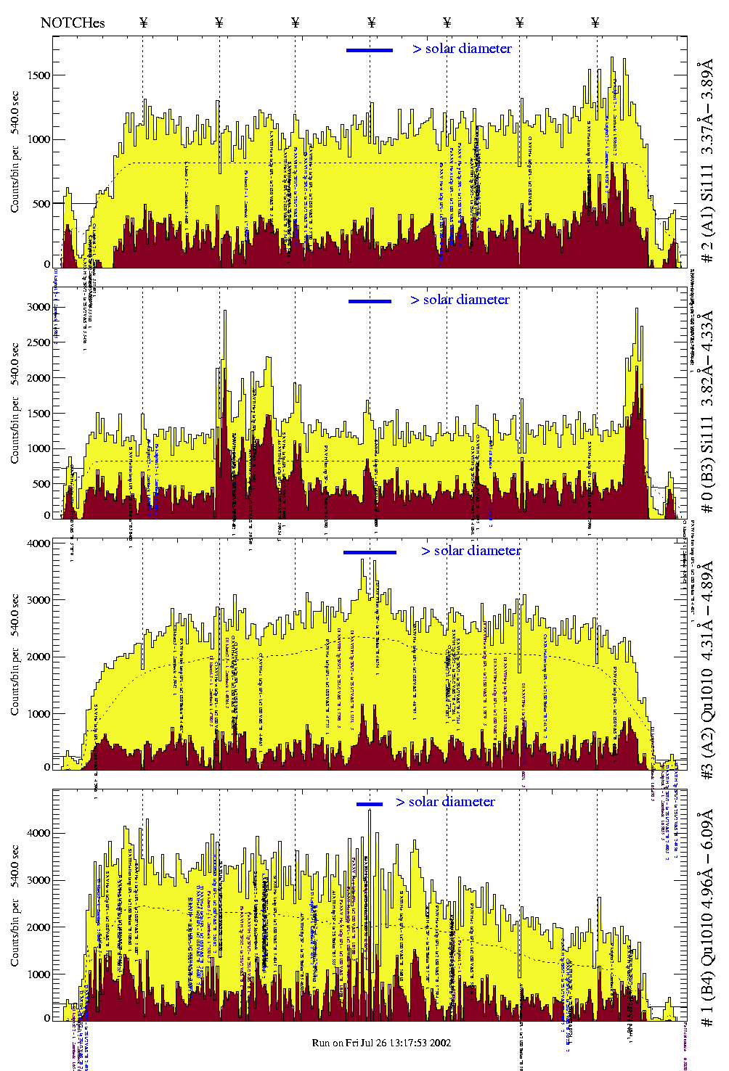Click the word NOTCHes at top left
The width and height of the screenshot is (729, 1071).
pyautogui.click(x=73, y=22)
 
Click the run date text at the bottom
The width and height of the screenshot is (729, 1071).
pyautogui.click(x=381, y=1043)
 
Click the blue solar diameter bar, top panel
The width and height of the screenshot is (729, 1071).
pyautogui.click(x=370, y=50)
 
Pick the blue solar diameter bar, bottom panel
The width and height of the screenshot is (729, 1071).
pyautogui.click(x=370, y=804)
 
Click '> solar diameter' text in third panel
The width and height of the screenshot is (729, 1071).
pyautogui.click(x=471, y=551)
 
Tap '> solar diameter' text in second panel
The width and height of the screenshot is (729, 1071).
pyautogui.click(x=460, y=300)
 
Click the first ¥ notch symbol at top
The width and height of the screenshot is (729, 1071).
pyautogui.click(x=143, y=22)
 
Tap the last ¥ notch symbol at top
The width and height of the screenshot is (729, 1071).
pyautogui.click(x=595, y=22)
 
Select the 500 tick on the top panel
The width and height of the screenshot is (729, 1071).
pyautogui.click(x=39, y=204)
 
